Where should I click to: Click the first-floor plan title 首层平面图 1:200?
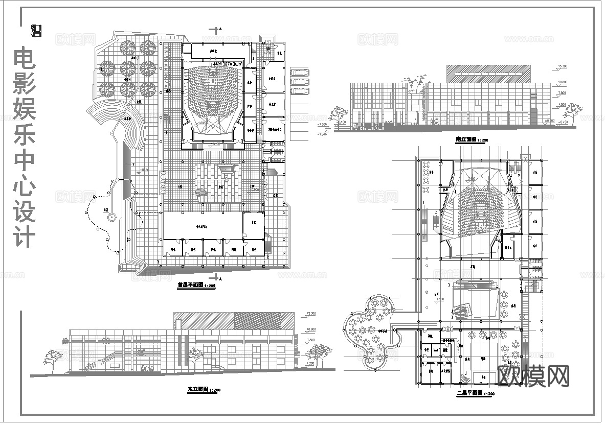pyautogui.click(x=196, y=286)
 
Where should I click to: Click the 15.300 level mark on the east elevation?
pyautogui.click(x=311, y=313)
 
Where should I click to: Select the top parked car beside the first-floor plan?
pyautogui.click(x=300, y=72)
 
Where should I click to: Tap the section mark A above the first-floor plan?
pyautogui.click(x=220, y=31)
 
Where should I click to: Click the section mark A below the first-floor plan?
pyautogui.click(x=220, y=279)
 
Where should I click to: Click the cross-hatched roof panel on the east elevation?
pyautogui.click(x=258, y=320)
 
